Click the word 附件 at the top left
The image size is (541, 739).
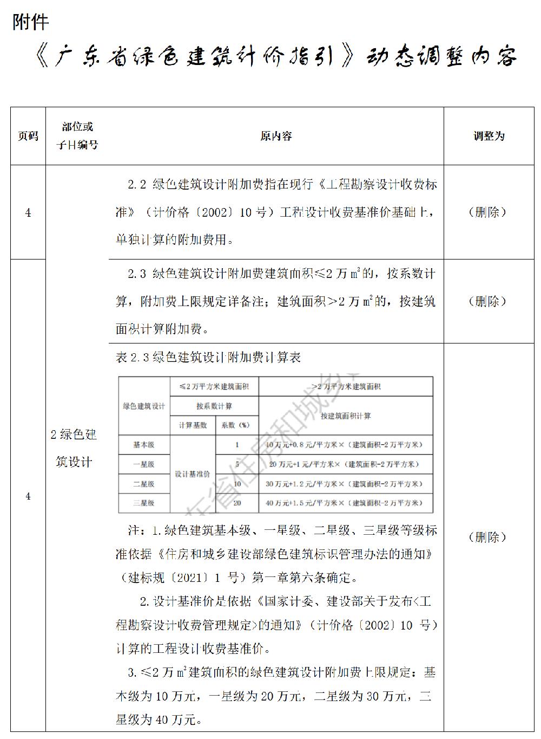[x=30, y=22]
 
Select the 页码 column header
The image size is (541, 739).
[x=28, y=136]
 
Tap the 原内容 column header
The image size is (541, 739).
[x=276, y=136]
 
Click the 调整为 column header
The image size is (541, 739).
[x=489, y=136]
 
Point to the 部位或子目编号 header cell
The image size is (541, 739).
[x=77, y=135]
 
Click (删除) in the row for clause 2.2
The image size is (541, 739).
[x=488, y=212]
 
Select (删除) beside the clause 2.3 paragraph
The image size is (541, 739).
[x=488, y=301]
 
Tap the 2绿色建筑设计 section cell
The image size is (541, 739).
[x=74, y=448]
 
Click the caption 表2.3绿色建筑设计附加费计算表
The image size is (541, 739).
[x=208, y=358]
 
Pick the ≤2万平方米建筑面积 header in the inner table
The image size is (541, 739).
[x=214, y=386]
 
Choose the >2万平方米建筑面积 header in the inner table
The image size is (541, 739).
[x=346, y=386]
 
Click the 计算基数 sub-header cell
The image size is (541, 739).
[x=193, y=425]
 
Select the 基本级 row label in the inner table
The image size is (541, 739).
[x=144, y=445]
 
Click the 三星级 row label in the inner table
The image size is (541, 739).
[x=144, y=503]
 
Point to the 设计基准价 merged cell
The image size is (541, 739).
[x=192, y=474]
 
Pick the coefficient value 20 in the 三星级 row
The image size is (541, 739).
[x=237, y=503]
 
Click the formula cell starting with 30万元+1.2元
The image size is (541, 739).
[x=344, y=484]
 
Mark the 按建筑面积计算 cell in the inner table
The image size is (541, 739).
[x=346, y=416]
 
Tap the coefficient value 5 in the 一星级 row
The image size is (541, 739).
[x=237, y=464]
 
